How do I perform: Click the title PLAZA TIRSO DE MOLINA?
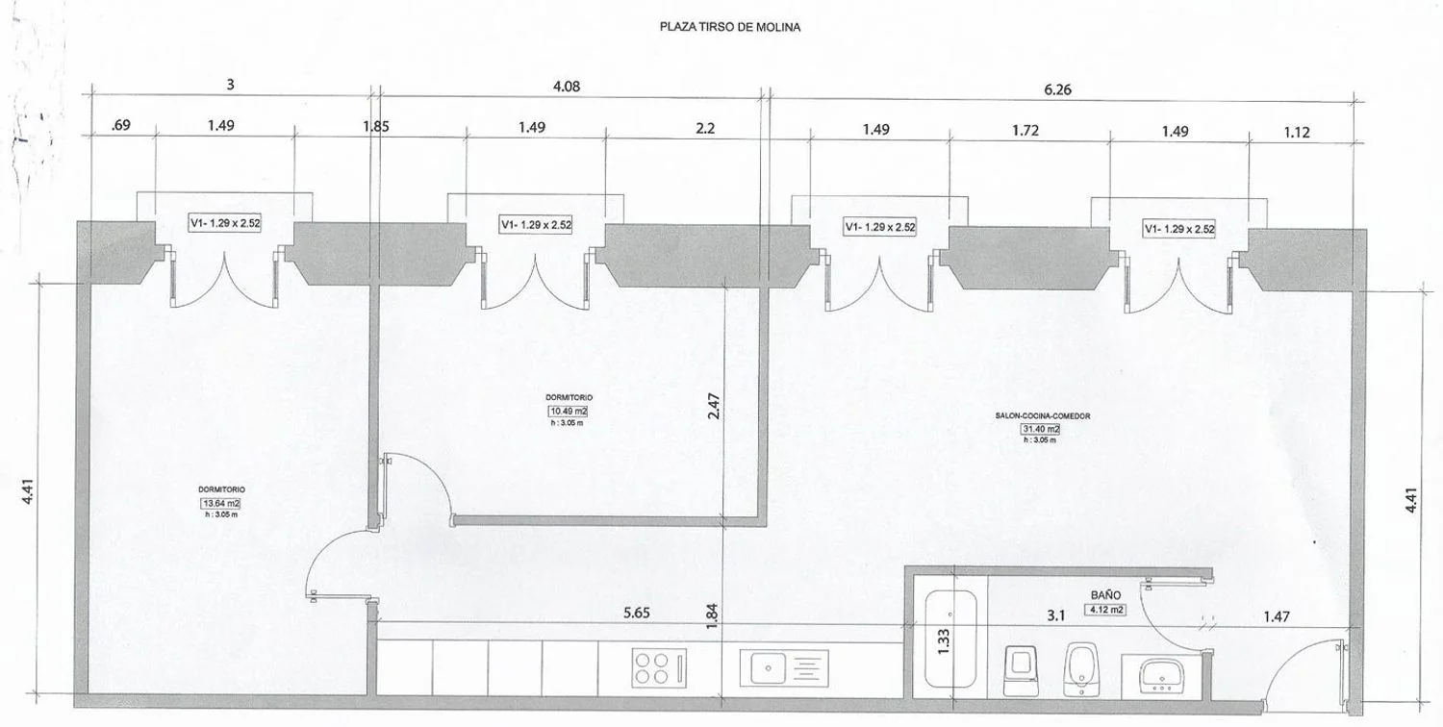pos(730,27)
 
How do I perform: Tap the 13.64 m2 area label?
pos(219,504)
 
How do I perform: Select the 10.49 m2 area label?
pos(568,412)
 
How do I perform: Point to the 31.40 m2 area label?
pos(1040,429)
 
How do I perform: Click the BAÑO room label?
pos(1105,595)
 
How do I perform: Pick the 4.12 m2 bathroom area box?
pos(1105,609)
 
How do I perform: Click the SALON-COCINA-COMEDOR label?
pos(1043,416)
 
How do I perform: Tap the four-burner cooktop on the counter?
pos(658,667)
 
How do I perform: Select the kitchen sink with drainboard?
pos(784,667)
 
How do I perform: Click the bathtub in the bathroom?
pos(950,639)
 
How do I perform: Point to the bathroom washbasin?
pos(1161,677)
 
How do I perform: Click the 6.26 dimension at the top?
pos(1057,89)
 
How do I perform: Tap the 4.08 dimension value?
pos(567,87)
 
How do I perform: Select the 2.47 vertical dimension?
pos(713,407)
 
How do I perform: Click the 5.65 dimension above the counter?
pos(637,613)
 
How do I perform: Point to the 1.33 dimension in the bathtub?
pos(943,641)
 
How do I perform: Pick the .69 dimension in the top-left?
pos(120,124)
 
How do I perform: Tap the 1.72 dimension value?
pos(1025,130)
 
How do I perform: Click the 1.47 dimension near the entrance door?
pos(1277,616)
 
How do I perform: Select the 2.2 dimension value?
pos(705,128)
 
